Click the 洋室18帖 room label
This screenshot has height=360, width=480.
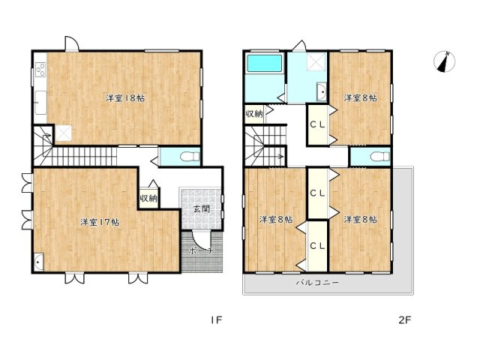[x=124, y=97]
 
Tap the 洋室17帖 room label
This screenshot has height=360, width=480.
[x=100, y=221]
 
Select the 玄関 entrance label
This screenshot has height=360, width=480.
[x=201, y=208]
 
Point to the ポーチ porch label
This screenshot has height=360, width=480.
[x=200, y=250]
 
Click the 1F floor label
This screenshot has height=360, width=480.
[x=216, y=320]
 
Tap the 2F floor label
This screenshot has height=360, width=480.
[x=405, y=320]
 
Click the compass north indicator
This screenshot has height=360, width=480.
[x=445, y=62]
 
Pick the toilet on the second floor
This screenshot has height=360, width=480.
[x=377, y=156]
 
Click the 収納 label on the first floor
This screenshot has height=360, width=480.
[x=148, y=198]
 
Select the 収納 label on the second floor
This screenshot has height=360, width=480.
[x=253, y=114]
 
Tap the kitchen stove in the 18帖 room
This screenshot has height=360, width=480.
[x=39, y=72]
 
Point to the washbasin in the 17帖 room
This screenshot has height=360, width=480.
[x=40, y=261]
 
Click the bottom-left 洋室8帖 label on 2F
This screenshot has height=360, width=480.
[x=275, y=219]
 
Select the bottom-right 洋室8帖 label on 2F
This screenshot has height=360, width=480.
[x=360, y=219]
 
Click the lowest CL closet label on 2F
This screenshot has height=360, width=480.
[x=316, y=244]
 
